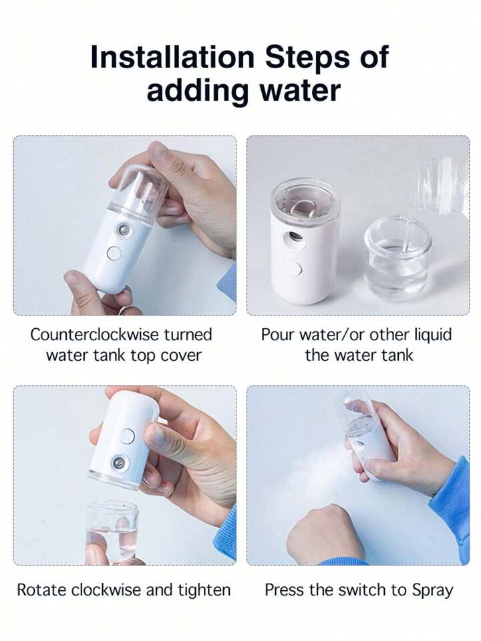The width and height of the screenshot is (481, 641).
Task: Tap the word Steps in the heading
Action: [x=307, y=57]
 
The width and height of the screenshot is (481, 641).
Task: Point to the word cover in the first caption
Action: [x=181, y=356]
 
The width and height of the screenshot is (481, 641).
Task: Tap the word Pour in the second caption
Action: [x=278, y=334]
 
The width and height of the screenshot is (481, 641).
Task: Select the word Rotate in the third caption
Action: [x=41, y=590]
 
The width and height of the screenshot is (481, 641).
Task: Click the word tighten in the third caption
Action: [x=204, y=591]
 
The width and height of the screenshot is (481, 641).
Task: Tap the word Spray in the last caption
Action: [x=432, y=591]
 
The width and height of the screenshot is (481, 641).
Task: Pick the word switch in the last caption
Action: [x=363, y=590]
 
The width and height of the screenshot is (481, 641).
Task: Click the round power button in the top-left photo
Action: [x=114, y=253]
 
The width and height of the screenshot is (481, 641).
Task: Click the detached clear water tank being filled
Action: [x=397, y=259]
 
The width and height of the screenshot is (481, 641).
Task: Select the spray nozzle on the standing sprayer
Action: [x=293, y=237]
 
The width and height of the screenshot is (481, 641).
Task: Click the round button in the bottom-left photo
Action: [x=128, y=436]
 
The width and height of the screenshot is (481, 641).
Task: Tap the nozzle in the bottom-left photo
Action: [x=122, y=463]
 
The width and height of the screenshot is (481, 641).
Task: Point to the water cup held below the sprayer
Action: [x=112, y=531]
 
